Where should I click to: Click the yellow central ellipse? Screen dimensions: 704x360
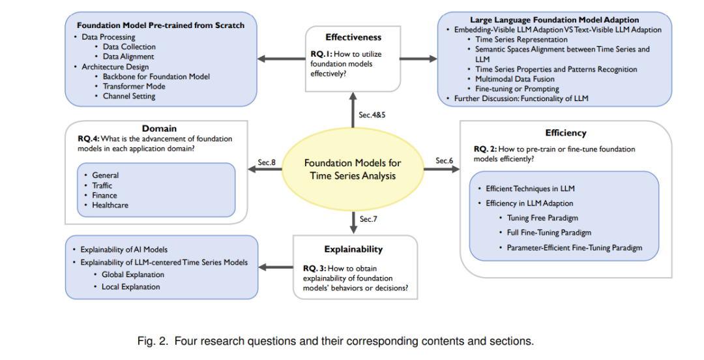tap(353, 170)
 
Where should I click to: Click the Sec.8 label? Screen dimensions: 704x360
tap(267, 162)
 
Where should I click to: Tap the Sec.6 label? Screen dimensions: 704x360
tap(445, 160)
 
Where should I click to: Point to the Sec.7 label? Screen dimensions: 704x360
tap(368, 219)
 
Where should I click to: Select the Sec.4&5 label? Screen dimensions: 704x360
tap(372, 115)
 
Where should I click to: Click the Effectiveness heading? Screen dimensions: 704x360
tap(353, 37)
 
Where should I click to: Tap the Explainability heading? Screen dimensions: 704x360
tap(353, 249)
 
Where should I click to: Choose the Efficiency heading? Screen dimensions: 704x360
tap(566, 133)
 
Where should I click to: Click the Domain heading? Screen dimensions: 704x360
tap(160, 129)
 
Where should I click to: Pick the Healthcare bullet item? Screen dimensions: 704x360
tap(110, 205)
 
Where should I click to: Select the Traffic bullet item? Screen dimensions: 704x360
tap(102, 185)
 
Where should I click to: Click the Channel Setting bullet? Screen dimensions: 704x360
tap(129, 96)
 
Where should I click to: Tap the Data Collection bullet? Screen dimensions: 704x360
tap(129, 47)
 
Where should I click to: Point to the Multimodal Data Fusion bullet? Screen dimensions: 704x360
tap(515, 79)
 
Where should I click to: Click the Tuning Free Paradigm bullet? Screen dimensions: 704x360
tap(542, 218)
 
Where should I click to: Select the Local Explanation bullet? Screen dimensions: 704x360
tap(130, 287)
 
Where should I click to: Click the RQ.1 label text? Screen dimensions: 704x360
tap(321, 54)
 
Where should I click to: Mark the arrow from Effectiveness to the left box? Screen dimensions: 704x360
tap(282, 59)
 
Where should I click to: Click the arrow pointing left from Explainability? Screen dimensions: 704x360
tap(276, 267)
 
